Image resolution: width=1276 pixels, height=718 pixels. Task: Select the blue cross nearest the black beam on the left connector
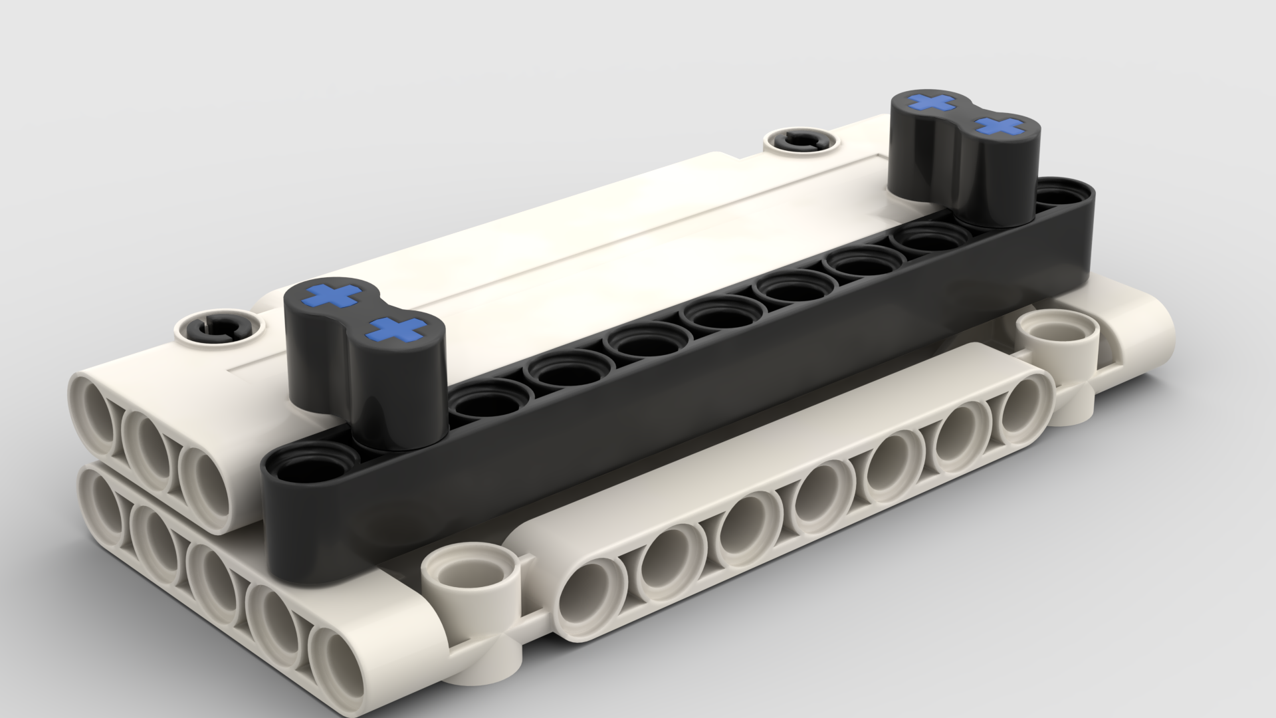pos(397,328)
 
